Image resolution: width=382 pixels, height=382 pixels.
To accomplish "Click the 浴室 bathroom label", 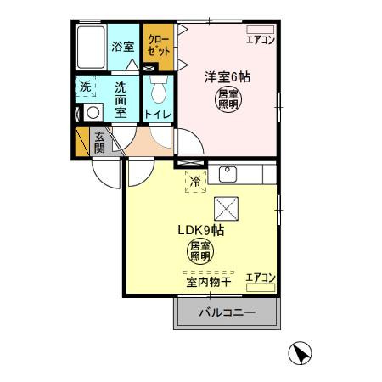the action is tap(123, 47).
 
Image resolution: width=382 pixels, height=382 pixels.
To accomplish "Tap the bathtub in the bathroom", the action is tap(91, 48).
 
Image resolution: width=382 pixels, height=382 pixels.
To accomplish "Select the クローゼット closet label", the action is tap(159, 45).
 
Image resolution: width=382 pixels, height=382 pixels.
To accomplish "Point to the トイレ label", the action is tap(159, 115).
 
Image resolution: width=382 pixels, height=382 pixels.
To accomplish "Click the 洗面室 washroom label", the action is tap(121, 100).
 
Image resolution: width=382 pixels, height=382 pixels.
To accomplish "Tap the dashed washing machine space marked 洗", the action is tap(86, 87).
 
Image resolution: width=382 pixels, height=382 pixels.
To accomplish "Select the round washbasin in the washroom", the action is tap(93, 113).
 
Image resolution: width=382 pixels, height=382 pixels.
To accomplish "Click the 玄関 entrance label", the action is tap(99, 143).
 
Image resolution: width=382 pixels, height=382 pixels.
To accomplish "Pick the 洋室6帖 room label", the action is tap(228, 77).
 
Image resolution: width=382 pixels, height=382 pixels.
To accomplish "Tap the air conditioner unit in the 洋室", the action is tap(261, 30).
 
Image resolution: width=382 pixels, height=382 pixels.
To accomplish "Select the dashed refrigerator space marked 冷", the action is tap(195, 182).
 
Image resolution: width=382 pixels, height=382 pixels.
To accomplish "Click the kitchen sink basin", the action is tap(228, 174).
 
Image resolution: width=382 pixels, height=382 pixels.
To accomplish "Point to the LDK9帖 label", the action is tap(201, 231).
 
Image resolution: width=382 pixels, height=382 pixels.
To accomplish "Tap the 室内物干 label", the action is tap(209, 282).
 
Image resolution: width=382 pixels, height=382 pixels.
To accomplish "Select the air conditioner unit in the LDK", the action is tap(261, 288).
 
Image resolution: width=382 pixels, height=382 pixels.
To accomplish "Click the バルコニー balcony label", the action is tap(228, 312).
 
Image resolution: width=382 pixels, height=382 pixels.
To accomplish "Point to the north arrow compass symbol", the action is tap(300, 353).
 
